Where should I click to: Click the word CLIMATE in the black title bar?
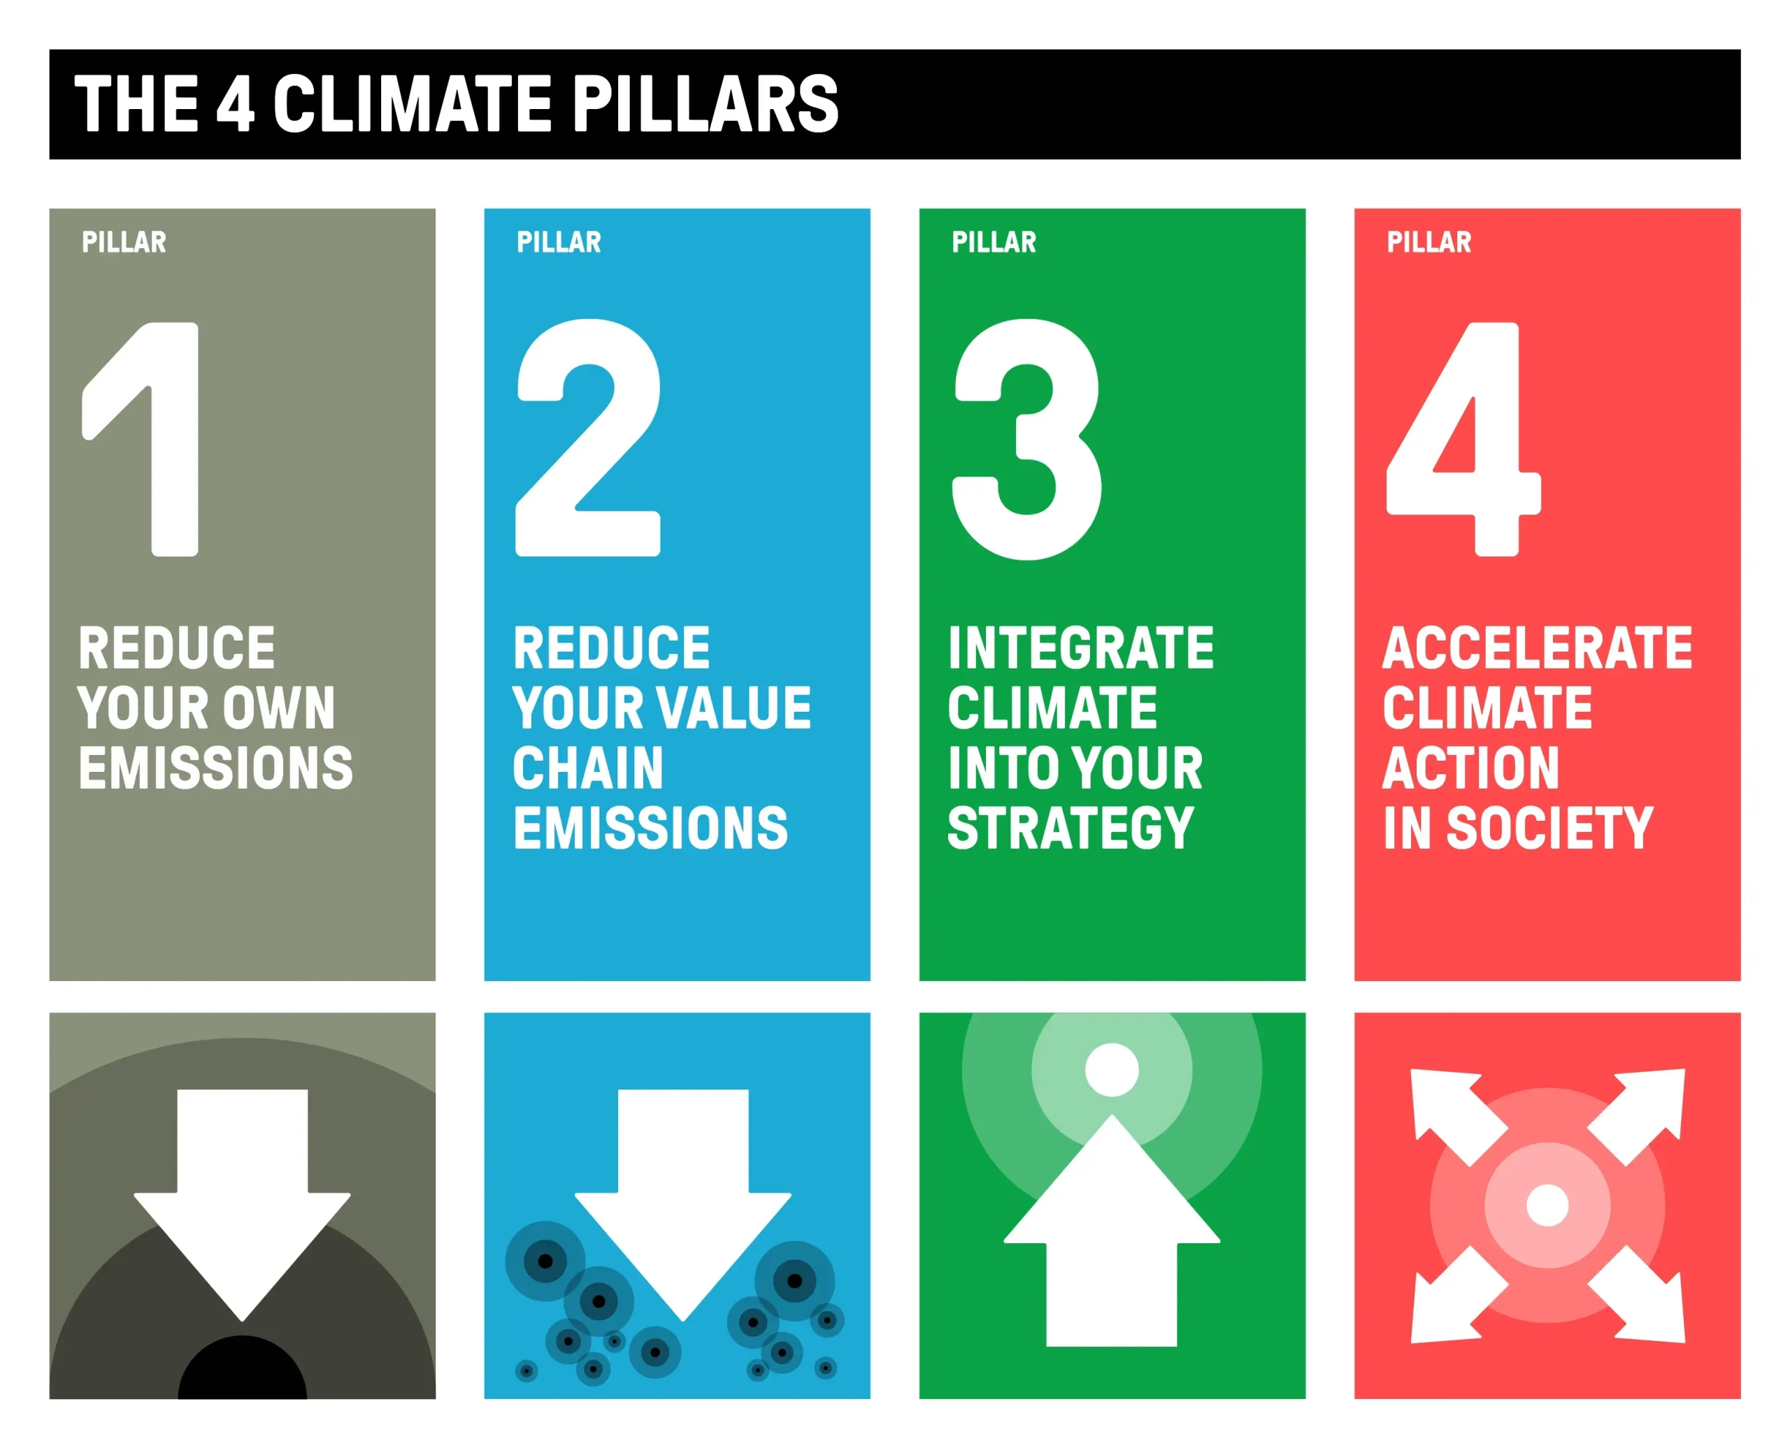click(x=412, y=103)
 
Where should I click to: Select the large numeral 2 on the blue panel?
click(x=589, y=437)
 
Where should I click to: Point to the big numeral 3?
click(x=1026, y=439)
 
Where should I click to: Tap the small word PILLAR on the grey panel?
click(x=124, y=242)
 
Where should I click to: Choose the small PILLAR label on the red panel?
click(x=1429, y=242)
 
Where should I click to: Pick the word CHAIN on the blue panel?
click(x=588, y=768)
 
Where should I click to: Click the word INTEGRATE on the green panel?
click(x=1081, y=648)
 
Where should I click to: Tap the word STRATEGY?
click(x=1071, y=829)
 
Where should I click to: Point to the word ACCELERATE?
click(x=1538, y=648)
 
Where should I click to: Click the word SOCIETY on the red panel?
click(x=1549, y=829)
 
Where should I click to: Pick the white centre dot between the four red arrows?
click(x=1547, y=1205)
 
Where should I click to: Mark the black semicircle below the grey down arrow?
click(x=243, y=1370)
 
